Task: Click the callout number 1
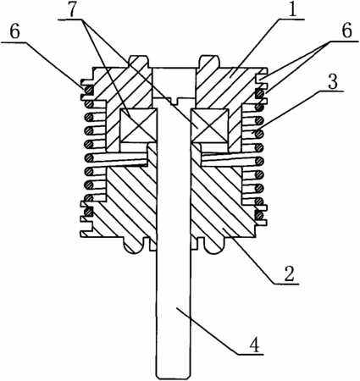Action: point(291,9)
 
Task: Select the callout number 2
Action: point(288,274)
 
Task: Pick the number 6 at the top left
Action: point(14,32)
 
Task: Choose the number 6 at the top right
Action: point(346,30)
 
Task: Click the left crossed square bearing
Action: point(138,125)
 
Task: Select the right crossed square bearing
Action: point(209,125)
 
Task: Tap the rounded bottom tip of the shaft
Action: point(174,376)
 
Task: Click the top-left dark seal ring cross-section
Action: point(89,91)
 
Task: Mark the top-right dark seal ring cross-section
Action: point(258,93)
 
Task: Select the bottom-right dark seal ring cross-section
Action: point(258,215)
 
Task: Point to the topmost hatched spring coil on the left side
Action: point(89,103)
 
